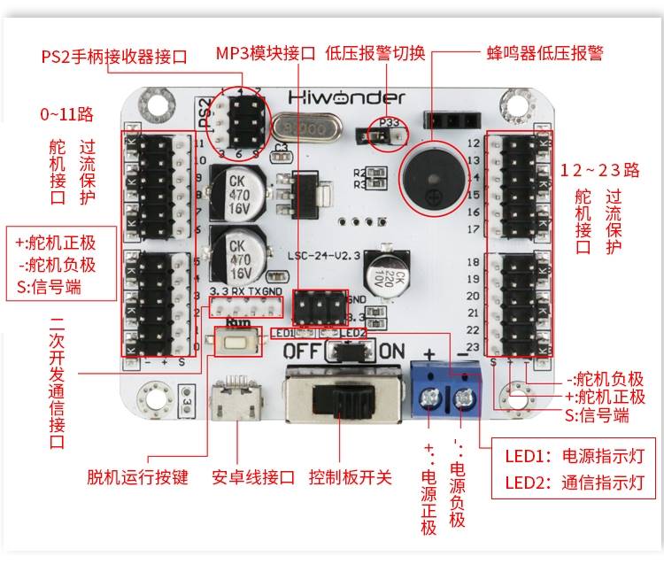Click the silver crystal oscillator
(304, 129)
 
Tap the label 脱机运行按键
(137, 477)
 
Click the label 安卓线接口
(253, 477)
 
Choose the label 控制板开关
(350, 477)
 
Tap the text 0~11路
(66, 114)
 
